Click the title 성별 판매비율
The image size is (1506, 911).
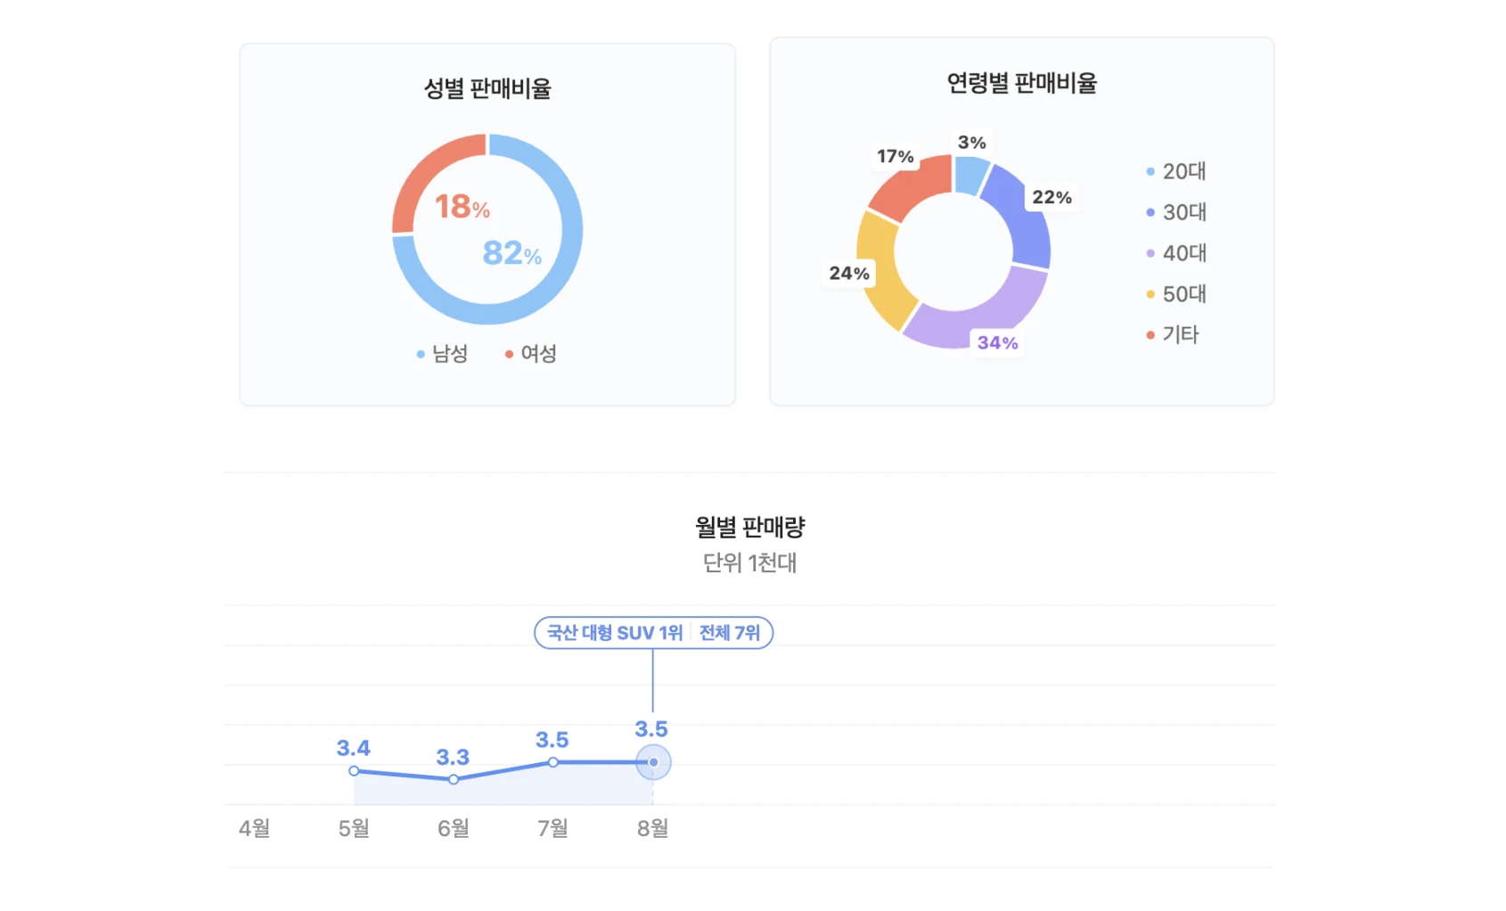(x=487, y=88)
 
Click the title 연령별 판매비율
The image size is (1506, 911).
(x=1021, y=83)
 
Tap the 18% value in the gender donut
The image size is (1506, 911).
(x=462, y=207)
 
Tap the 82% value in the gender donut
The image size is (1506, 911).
(x=512, y=253)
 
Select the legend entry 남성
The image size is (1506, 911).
(x=443, y=354)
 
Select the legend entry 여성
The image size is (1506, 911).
(x=531, y=354)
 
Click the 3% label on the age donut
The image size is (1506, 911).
(x=971, y=143)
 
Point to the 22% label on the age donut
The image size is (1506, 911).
(x=1052, y=197)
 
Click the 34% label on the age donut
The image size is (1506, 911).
(x=997, y=343)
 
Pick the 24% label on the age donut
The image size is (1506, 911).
(x=848, y=274)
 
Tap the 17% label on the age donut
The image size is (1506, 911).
(x=895, y=157)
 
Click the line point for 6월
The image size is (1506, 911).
(x=454, y=779)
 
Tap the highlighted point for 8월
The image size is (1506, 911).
(x=653, y=762)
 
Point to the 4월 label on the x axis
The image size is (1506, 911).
(x=254, y=828)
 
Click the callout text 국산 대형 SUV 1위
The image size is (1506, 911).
(x=614, y=633)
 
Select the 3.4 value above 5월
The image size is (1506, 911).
(x=353, y=748)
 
